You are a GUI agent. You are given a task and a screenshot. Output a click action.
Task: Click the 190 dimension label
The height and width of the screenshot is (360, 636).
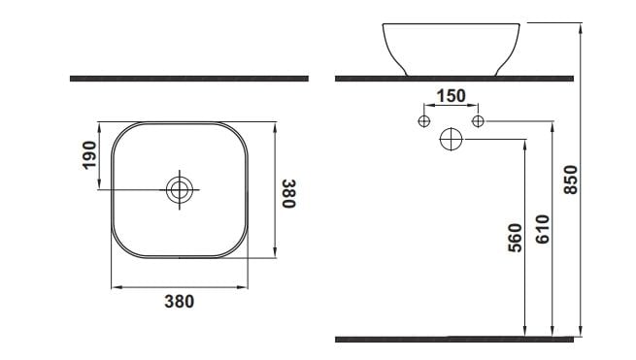89,155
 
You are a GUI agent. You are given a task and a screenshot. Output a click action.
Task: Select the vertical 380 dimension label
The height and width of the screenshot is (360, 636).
289,194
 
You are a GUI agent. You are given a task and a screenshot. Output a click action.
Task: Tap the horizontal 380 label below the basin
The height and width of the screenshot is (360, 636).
180,302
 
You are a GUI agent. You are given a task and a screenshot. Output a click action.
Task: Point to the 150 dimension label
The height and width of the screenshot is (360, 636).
452,96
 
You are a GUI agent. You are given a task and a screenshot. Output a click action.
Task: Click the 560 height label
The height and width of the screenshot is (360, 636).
516,238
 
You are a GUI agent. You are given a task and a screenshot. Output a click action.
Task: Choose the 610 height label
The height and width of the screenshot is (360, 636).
543,229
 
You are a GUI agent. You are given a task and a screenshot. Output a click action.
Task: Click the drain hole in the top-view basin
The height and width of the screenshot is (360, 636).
180,190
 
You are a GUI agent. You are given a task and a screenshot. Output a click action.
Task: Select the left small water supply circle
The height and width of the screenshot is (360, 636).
424,121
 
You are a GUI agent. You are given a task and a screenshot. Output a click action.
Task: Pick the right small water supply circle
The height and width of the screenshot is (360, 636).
478,121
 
